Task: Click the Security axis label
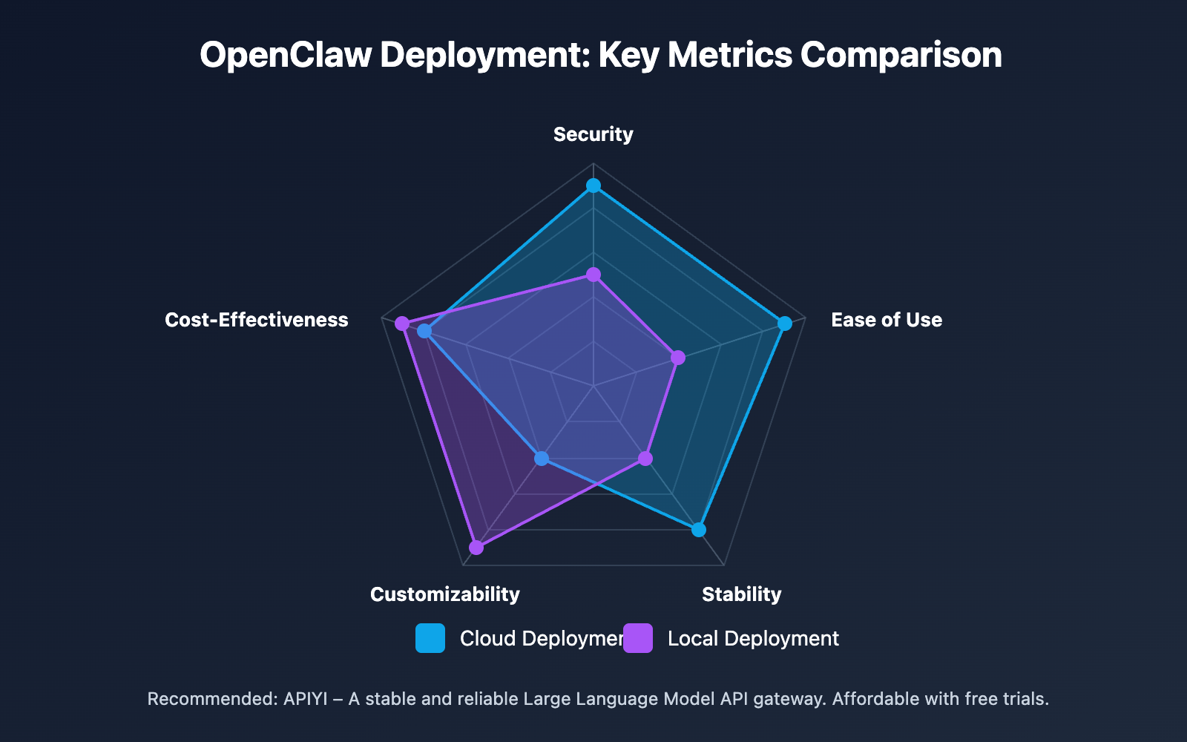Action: (593, 134)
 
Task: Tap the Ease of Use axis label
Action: (886, 320)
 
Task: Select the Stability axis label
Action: (741, 594)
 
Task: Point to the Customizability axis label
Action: (444, 594)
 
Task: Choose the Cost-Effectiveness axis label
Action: (256, 320)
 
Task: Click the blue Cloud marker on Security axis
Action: (593, 185)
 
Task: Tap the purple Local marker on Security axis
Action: (593, 275)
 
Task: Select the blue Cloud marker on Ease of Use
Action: (784, 324)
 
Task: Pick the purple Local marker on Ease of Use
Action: (678, 358)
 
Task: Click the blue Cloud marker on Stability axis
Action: (698, 530)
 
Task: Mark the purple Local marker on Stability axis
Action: (645, 459)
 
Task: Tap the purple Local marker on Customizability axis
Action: (476, 548)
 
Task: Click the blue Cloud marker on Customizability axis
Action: (542, 459)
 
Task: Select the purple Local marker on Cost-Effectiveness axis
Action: (402, 324)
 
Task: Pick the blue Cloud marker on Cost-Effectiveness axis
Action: (424, 331)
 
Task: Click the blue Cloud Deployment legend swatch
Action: (430, 638)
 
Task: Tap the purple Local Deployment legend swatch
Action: (638, 638)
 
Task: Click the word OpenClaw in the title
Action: (286, 55)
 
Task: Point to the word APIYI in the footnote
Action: (305, 699)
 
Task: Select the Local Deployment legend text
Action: (752, 639)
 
